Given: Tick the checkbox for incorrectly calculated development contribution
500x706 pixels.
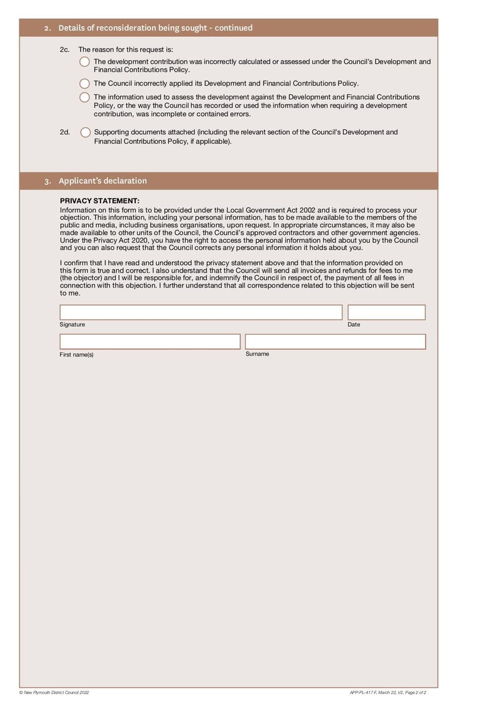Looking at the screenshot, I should (x=85, y=62).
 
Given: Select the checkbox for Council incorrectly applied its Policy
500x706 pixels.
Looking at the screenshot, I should (x=85, y=83).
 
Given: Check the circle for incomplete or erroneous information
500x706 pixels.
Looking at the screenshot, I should (x=85, y=97).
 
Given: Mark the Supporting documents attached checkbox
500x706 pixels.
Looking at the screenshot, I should (x=85, y=132).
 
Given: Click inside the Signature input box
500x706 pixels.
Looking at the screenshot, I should (x=201, y=312).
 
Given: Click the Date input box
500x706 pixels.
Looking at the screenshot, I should (x=386, y=312).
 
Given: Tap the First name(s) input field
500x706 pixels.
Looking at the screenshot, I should (x=150, y=342).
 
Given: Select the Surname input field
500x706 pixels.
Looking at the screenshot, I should (x=335, y=342).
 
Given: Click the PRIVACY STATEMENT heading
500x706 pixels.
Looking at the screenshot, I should (x=100, y=201).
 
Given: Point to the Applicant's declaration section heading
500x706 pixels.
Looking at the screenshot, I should (x=102, y=181).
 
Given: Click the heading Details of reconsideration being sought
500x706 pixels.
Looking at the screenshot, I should (x=155, y=28).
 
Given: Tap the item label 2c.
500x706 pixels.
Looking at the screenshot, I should (x=65, y=49).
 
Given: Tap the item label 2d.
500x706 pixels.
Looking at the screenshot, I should (x=65, y=132).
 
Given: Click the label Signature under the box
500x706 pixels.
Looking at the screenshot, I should (x=72, y=325).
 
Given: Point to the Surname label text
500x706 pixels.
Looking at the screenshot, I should (x=257, y=354).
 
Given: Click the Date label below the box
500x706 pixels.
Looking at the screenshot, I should (x=354, y=325).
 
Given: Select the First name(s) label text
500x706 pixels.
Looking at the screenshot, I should (x=76, y=355).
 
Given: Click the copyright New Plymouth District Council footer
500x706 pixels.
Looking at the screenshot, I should (x=54, y=692).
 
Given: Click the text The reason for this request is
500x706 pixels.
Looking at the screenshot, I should (x=126, y=49).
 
